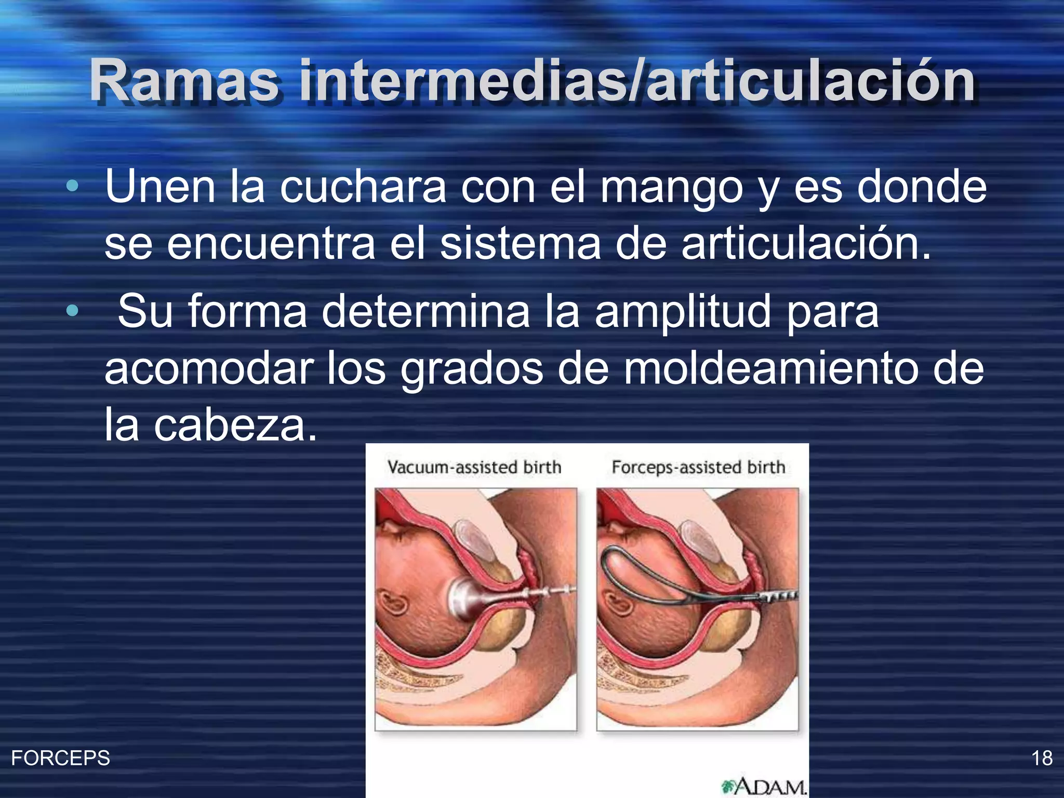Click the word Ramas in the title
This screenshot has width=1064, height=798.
pyautogui.click(x=184, y=81)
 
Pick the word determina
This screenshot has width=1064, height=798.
pyautogui.click(x=425, y=312)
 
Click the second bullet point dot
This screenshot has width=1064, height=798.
pyautogui.click(x=73, y=311)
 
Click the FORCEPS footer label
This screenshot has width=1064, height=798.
pyautogui.click(x=60, y=758)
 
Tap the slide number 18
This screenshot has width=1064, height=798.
pyautogui.click(x=1042, y=758)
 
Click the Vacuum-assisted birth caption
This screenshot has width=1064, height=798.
pyautogui.click(x=474, y=467)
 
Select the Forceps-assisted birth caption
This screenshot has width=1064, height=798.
pyautogui.click(x=698, y=467)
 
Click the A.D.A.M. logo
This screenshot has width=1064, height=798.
pyautogui.click(x=764, y=787)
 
